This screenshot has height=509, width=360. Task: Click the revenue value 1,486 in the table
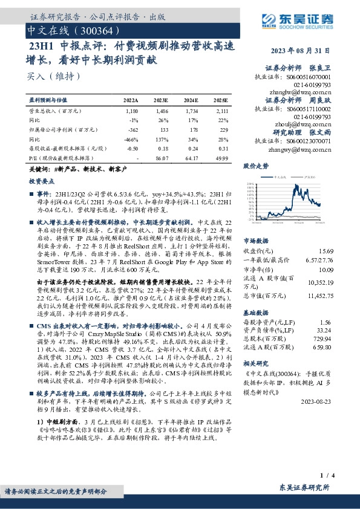(161, 112)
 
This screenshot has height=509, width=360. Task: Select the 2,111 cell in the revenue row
(221, 112)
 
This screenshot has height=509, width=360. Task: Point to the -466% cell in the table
(131, 138)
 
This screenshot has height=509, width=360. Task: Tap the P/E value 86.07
(161, 157)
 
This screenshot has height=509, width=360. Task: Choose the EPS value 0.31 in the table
(222, 148)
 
